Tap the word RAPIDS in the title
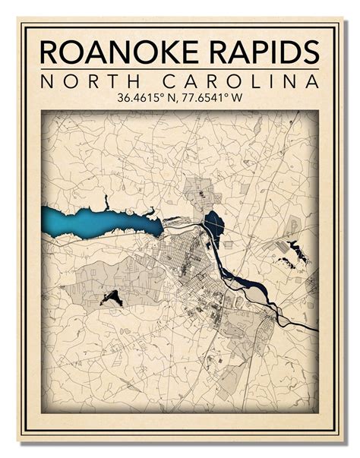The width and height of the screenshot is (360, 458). pos(259,52)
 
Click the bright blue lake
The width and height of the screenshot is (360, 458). pos(91,222)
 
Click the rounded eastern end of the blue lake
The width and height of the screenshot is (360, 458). pos(155,226)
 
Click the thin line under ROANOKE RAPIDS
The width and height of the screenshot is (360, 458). pos(180,70)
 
